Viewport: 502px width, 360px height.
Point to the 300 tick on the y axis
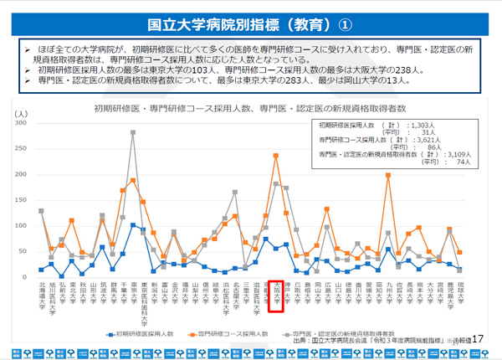21,123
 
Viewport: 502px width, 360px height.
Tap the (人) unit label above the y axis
22,112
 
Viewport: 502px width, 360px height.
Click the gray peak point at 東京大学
132,132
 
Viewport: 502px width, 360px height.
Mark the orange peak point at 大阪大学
276,156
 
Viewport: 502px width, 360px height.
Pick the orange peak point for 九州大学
388,175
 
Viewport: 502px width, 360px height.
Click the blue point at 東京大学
132,224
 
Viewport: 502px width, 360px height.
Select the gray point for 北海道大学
41,211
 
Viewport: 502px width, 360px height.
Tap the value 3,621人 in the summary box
418,140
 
